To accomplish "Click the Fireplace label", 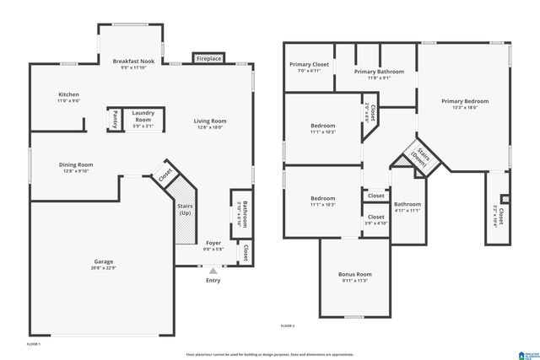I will pyautogui.click(x=208, y=59).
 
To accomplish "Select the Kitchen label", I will pyautogui.click(x=68, y=94).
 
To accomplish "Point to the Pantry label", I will pyautogui.click(x=115, y=119).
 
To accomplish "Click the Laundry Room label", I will pyautogui.click(x=143, y=117).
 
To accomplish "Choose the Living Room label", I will pyautogui.click(x=212, y=121).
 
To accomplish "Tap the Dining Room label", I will pyautogui.click(x=76, y=164).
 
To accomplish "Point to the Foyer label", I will pyautogui.click(x=213, y=243).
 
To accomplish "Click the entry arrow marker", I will pyautogui.click(x=213, y=271).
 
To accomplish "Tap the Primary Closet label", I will pyautogui.click(x=309, y=64).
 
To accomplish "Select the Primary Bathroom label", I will pyautogui.click(x=379, y=72).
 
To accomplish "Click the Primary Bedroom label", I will pyautogui.click(x=465, y=101).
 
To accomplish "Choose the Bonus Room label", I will pyautogui.click(x=354, y=275).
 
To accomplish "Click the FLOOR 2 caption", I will pyautogui.click(x=288, y=325).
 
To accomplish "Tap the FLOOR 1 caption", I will pyautogui.click(x=33, y=344).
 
